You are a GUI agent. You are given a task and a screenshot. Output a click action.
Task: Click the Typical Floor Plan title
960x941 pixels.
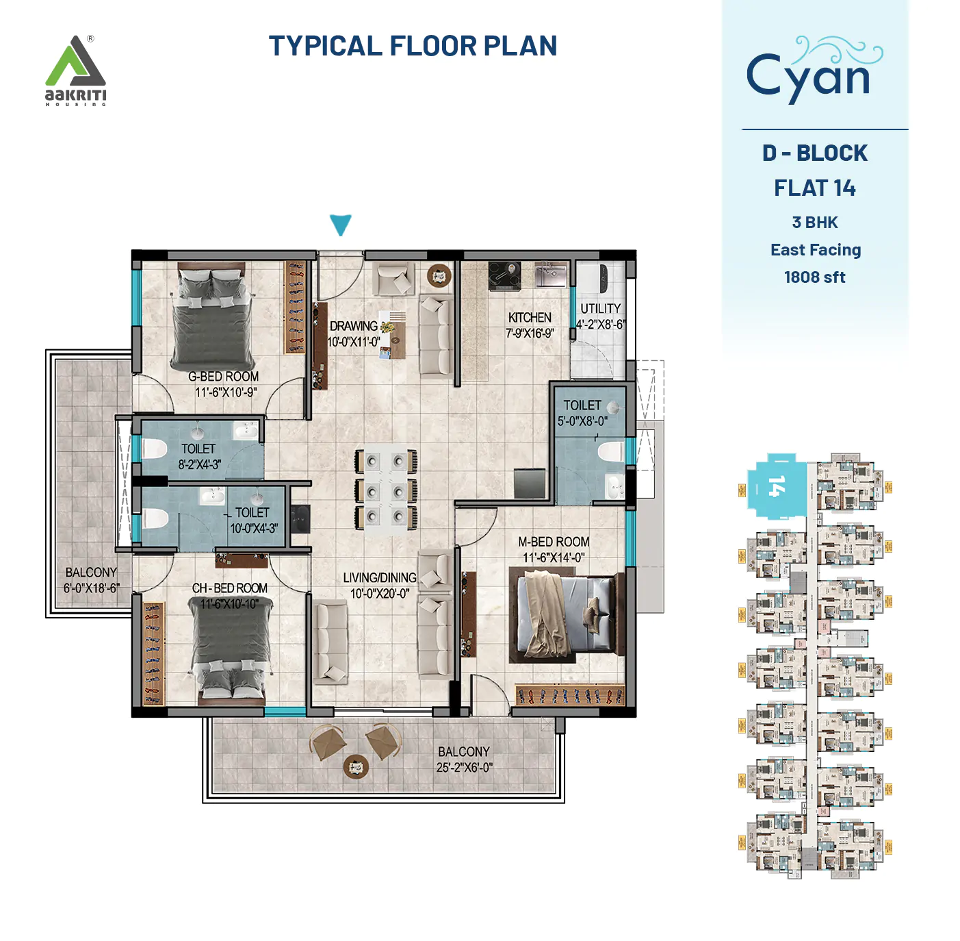pos(413,46)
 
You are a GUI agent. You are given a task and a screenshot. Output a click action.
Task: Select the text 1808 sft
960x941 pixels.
pos(814,277)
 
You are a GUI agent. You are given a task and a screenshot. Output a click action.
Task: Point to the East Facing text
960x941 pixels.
pos(815,250)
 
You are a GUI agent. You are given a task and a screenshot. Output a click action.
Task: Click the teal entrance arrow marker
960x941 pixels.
pos(340,224)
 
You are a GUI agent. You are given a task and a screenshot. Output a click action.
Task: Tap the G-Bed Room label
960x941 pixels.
pos(224,377)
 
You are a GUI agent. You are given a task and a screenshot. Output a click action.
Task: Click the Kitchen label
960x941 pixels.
pos(530,318)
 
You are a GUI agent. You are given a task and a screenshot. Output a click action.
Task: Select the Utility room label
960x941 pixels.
pos(601,309)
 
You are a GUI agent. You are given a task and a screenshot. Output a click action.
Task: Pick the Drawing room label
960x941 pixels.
pos(354,327)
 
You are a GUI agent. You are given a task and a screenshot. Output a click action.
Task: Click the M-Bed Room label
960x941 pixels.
pos(554,542)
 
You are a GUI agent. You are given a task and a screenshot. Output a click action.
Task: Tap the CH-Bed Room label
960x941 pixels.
pos(229,588)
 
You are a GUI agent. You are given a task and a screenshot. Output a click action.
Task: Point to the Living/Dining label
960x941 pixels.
pos(380,578)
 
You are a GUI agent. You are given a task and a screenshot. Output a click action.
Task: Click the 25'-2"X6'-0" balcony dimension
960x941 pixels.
pos(464,768)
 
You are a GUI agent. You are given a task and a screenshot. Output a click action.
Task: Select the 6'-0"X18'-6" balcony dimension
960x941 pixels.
pos(91,588)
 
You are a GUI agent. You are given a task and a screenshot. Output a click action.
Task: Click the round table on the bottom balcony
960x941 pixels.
pos(356,766)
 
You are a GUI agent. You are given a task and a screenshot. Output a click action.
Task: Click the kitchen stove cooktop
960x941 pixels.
pos(504,275)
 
